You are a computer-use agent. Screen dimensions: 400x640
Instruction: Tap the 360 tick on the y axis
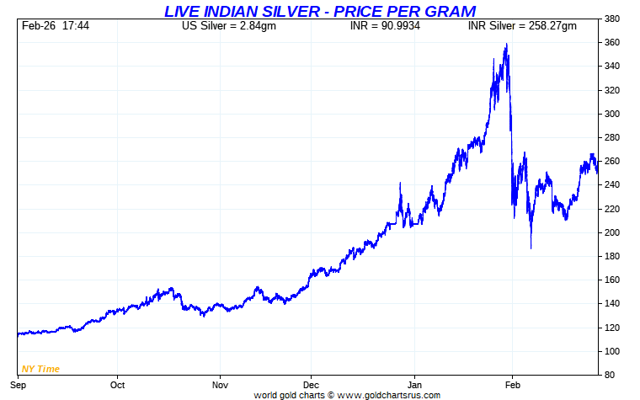(x=612, y=42)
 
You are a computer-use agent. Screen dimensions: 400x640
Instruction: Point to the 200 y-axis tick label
(x=612, y=232)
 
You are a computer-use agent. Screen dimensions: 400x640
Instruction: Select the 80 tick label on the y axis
(x=610, y=375)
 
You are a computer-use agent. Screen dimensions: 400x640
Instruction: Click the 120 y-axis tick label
(x=612, y=328)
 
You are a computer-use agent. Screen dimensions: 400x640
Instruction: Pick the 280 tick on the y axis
(x=612, y=137)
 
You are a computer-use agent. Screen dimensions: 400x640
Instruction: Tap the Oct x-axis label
(x=117, y=385)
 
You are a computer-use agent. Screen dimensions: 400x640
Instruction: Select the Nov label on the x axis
(x=220, y=385)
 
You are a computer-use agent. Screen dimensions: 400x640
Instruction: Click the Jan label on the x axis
(x=415, y=385)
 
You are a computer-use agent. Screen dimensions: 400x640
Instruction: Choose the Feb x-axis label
(x=512, y=385)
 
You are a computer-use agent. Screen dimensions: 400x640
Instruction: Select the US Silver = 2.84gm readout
(x=228, y=26)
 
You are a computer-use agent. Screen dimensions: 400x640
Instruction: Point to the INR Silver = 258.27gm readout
(x=522, y=26)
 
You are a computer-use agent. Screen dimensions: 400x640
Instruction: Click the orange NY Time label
(x=40, y=369)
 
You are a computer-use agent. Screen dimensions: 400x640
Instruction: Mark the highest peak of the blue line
(x=506, y=44)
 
